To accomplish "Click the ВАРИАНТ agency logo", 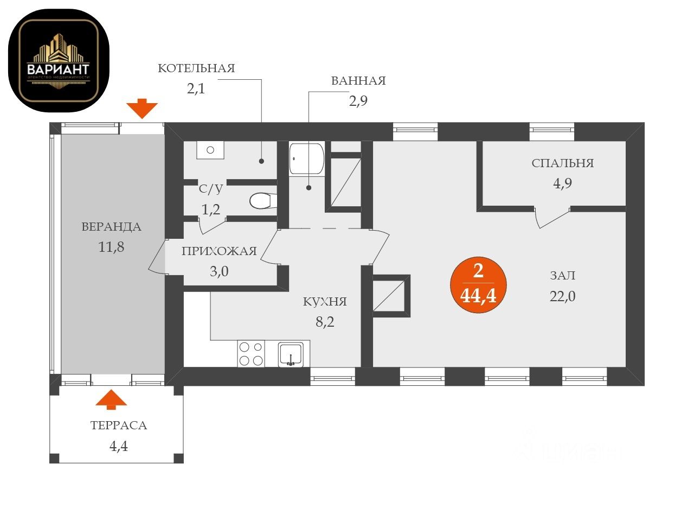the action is (59, 61).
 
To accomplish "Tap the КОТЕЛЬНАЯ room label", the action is (196, 68).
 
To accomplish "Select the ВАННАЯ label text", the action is (358, 81).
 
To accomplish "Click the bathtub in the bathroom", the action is (306, 158).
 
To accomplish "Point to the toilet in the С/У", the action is (264, 200).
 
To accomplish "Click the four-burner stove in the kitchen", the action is (251, 353).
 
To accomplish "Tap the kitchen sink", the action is (292, 354).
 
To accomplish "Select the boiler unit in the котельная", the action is (210, 150).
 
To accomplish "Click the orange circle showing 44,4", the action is (479, 285).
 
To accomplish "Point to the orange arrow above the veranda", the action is (142, 109).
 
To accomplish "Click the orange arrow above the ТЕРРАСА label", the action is (111, 399).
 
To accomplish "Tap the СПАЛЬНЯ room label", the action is (562, 163).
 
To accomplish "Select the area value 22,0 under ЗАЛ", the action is (562, 296).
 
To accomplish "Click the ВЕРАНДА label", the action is (111, 227).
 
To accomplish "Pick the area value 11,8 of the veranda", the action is (111, 247).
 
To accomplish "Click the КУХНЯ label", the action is (325, 302).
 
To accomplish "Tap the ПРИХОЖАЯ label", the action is (219, 251).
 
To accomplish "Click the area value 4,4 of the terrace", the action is (119, 447).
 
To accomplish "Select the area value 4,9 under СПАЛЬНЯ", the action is (562, 183).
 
